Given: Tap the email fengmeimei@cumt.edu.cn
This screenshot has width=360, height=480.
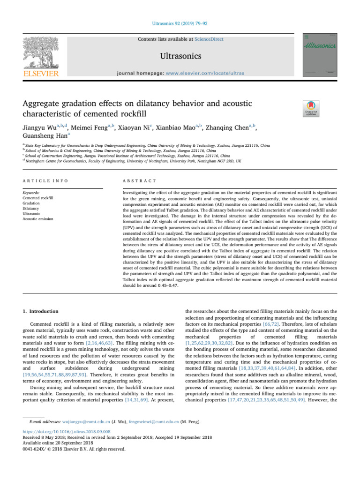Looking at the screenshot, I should [x=152, y=435].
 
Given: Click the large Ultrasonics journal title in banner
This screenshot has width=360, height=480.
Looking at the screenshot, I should [x=180, y=57].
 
